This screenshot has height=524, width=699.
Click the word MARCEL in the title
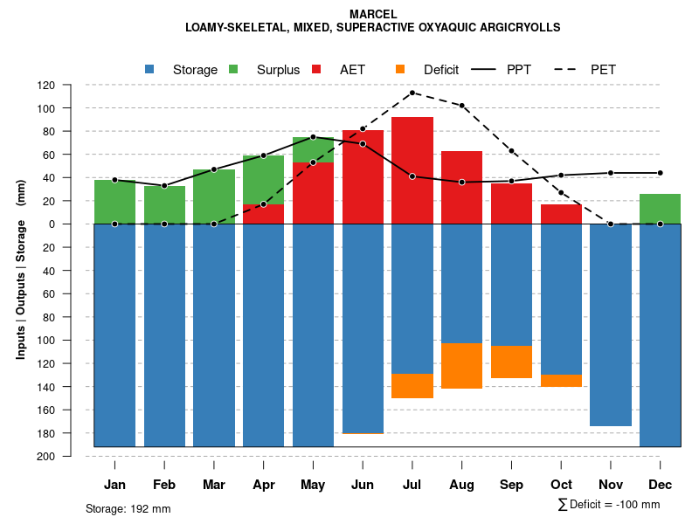click(x=372, y=14)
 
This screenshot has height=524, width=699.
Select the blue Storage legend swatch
click(x=150, y=69)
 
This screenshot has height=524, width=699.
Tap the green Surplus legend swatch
click(x=233, y=69)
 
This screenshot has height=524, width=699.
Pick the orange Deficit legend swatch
click(x=400, y=69)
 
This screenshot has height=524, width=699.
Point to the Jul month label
click(x=412, y=485)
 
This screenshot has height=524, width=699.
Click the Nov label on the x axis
click(x=611, y=485)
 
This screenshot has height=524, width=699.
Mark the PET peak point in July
click(x=412, y=93)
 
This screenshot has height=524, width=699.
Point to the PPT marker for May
click(x=313, y=137)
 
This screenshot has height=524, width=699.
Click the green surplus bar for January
click(x=114, y=202)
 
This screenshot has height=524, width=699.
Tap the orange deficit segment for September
click(x=511, y=362)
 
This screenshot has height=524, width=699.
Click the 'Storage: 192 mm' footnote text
click(x=128, y=508)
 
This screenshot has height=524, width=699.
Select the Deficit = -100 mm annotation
click(x=609, y=505)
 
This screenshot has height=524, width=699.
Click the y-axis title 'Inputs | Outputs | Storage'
click(x=20, y=288)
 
